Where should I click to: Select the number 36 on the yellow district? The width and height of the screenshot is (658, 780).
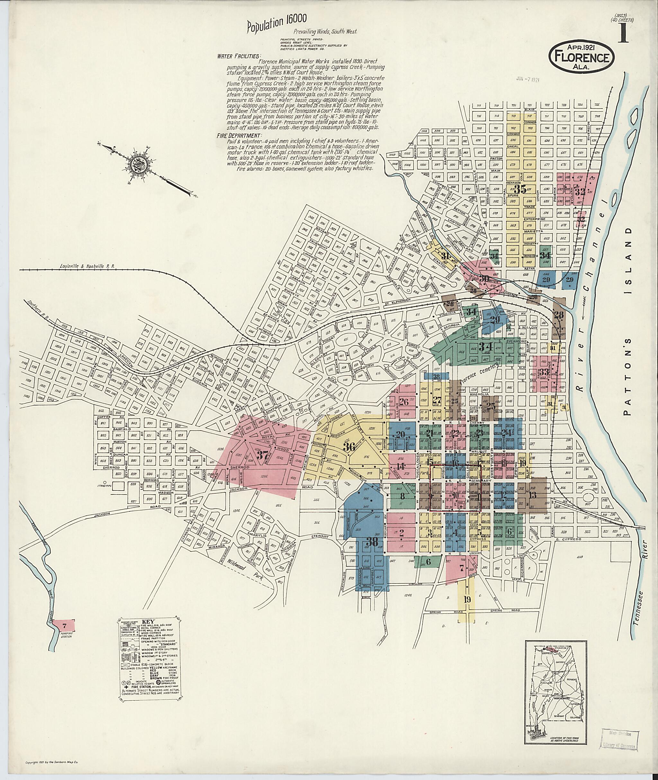(349, 447)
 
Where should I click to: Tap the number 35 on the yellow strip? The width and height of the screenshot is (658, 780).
(521, 189)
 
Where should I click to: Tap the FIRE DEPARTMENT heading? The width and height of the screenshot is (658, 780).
(239, 135)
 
